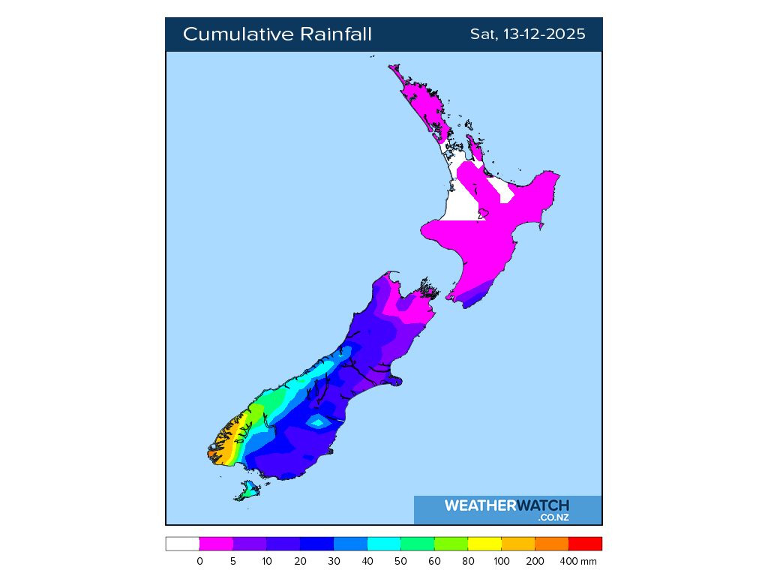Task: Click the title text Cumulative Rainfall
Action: [277, 34]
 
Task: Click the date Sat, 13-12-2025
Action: [527, 34]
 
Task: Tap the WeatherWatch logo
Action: [506, 505]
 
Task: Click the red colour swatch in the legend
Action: [585, 544]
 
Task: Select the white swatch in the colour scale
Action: [182, 544]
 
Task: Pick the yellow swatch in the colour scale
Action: [484, 544]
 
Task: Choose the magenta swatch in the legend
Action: [216, 544]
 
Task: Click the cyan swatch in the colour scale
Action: [383, 544]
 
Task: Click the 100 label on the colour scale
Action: [502, 561]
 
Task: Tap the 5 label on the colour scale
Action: [233, 561]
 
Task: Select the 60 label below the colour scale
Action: [435, 561]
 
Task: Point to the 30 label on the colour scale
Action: [334, 561]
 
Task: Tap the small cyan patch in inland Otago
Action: [319, 422]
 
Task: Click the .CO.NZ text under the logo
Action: [553, 517]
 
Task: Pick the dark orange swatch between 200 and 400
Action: [551, 544]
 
